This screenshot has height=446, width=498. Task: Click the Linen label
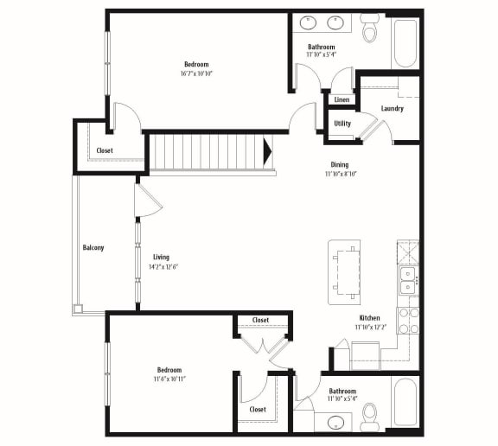342,100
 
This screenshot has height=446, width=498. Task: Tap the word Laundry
392,109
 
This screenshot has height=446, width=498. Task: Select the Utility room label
342,124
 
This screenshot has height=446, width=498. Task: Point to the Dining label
340,164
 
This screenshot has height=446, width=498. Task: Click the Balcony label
93,248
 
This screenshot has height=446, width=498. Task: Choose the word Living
161,257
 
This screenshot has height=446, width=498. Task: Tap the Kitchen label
369,318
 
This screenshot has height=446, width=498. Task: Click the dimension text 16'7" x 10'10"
196,74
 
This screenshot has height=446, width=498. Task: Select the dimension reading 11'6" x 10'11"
169,379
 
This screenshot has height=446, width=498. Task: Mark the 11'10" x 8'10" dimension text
340,174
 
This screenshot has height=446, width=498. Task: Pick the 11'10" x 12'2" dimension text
369,328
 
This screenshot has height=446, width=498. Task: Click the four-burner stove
408,320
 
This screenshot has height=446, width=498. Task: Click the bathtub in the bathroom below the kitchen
405,401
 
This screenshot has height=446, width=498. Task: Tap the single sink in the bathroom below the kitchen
335,423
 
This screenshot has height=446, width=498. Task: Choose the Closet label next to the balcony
105,150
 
